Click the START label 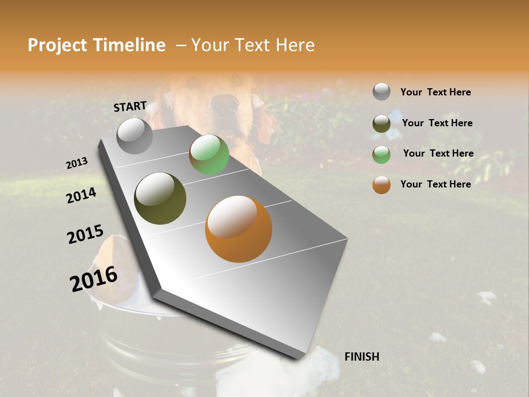(x=130, y=106)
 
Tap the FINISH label (x=361, y=357)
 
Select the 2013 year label (x=77, y=163)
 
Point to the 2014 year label (x=81, y=196)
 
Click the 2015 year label (x=85, y=234)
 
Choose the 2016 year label (x=94, y=279)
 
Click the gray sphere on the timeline (x=134, y=136)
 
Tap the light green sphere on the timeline (x=209, y=154)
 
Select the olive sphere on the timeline (x=160, y=198)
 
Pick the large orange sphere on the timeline (x=238, y=229)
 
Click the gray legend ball (x=381, y=92)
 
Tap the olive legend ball (x=381, y=124)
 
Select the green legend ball (x=381, y=154)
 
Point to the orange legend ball (x=381, y=185)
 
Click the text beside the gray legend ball (x=435, y=92)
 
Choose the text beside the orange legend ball (x=435, y=184)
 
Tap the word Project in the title (x=55, y=45)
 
